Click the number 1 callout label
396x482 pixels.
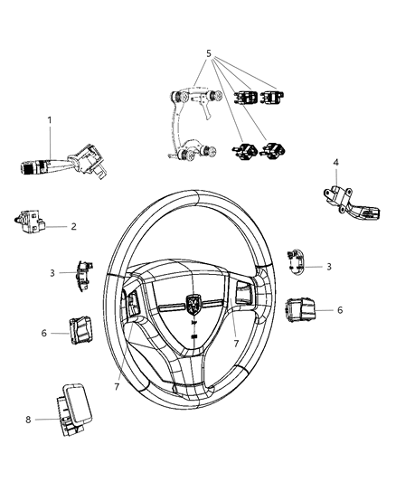pos(51,119)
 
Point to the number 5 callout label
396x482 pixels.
pos(209,53)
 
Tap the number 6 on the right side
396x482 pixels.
pos(339,310)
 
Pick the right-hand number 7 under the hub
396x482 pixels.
pos(237,344)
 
